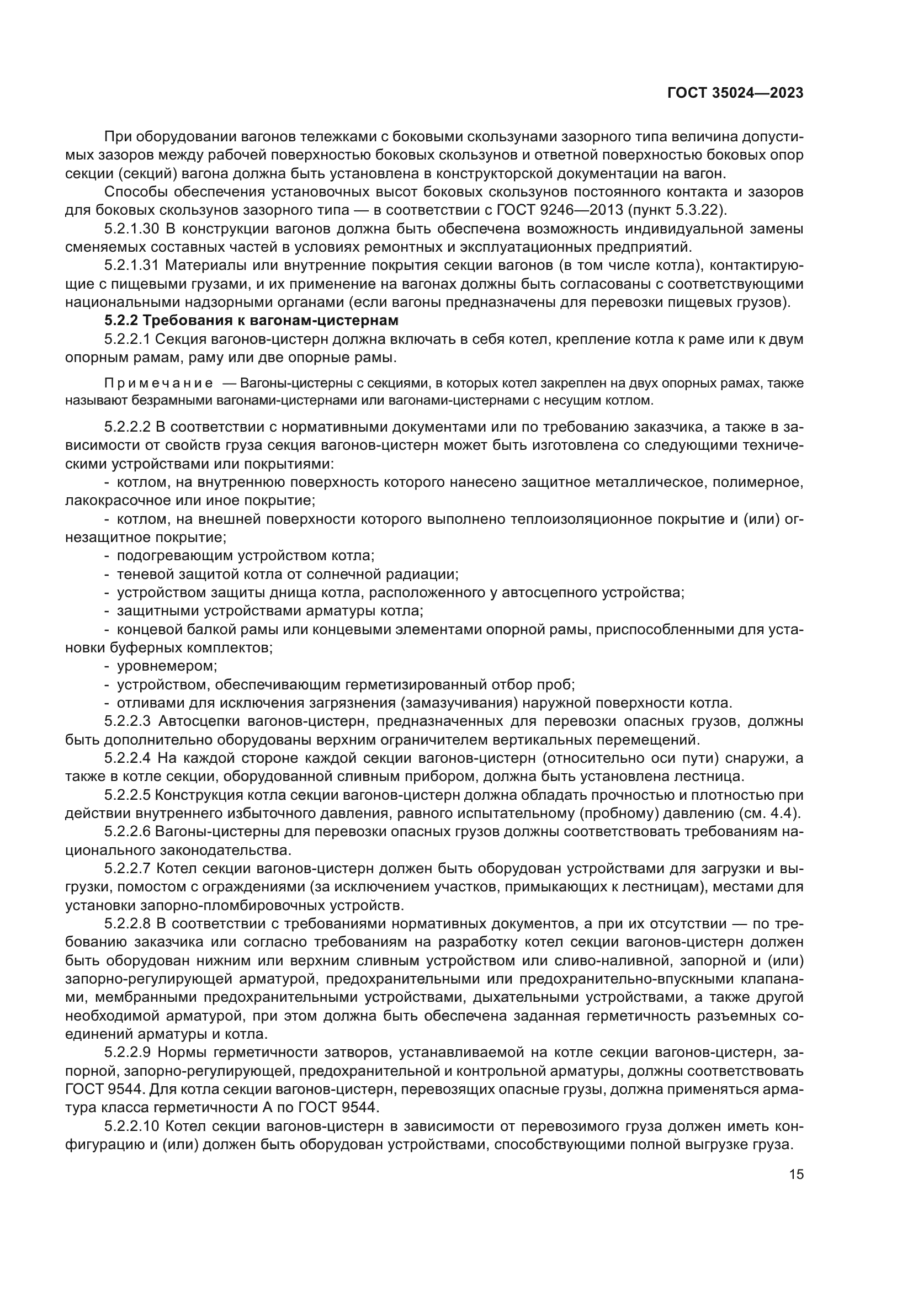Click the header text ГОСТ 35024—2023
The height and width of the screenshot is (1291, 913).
[735, 93]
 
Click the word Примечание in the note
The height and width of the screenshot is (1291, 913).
[158, 384]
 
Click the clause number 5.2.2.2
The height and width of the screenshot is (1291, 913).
[128, 427]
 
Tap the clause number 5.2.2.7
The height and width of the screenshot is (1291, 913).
[128, 868]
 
